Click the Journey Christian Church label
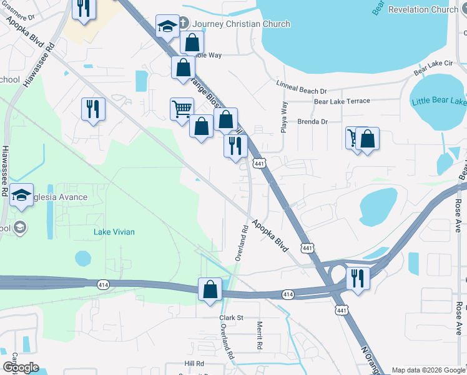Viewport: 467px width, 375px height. pyautogui.click(x=242, y=24)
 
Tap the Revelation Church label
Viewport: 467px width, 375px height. pyautogui.click(x=423, y=9)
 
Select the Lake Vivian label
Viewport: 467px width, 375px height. pyautogui.click(x=114, y=232)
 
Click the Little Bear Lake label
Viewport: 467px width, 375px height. pyautogui.click(x=440, y=101)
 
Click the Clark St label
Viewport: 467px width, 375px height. pyautogui.click(x=230, y=317)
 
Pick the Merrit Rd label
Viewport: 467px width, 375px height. pyautogui.click(x=260, y=336)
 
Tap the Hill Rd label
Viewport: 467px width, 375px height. pyautogui.click(x=194, y=363)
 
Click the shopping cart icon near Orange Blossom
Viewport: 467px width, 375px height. pyautogui.click(x=182, y=108)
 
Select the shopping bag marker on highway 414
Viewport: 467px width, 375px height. pyautogui.click(x=210, y=289)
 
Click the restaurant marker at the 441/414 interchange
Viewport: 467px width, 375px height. pyautogui.click(x=358, y=277)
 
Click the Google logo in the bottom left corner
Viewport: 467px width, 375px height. pyautogui.click(x=21, y=367)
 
